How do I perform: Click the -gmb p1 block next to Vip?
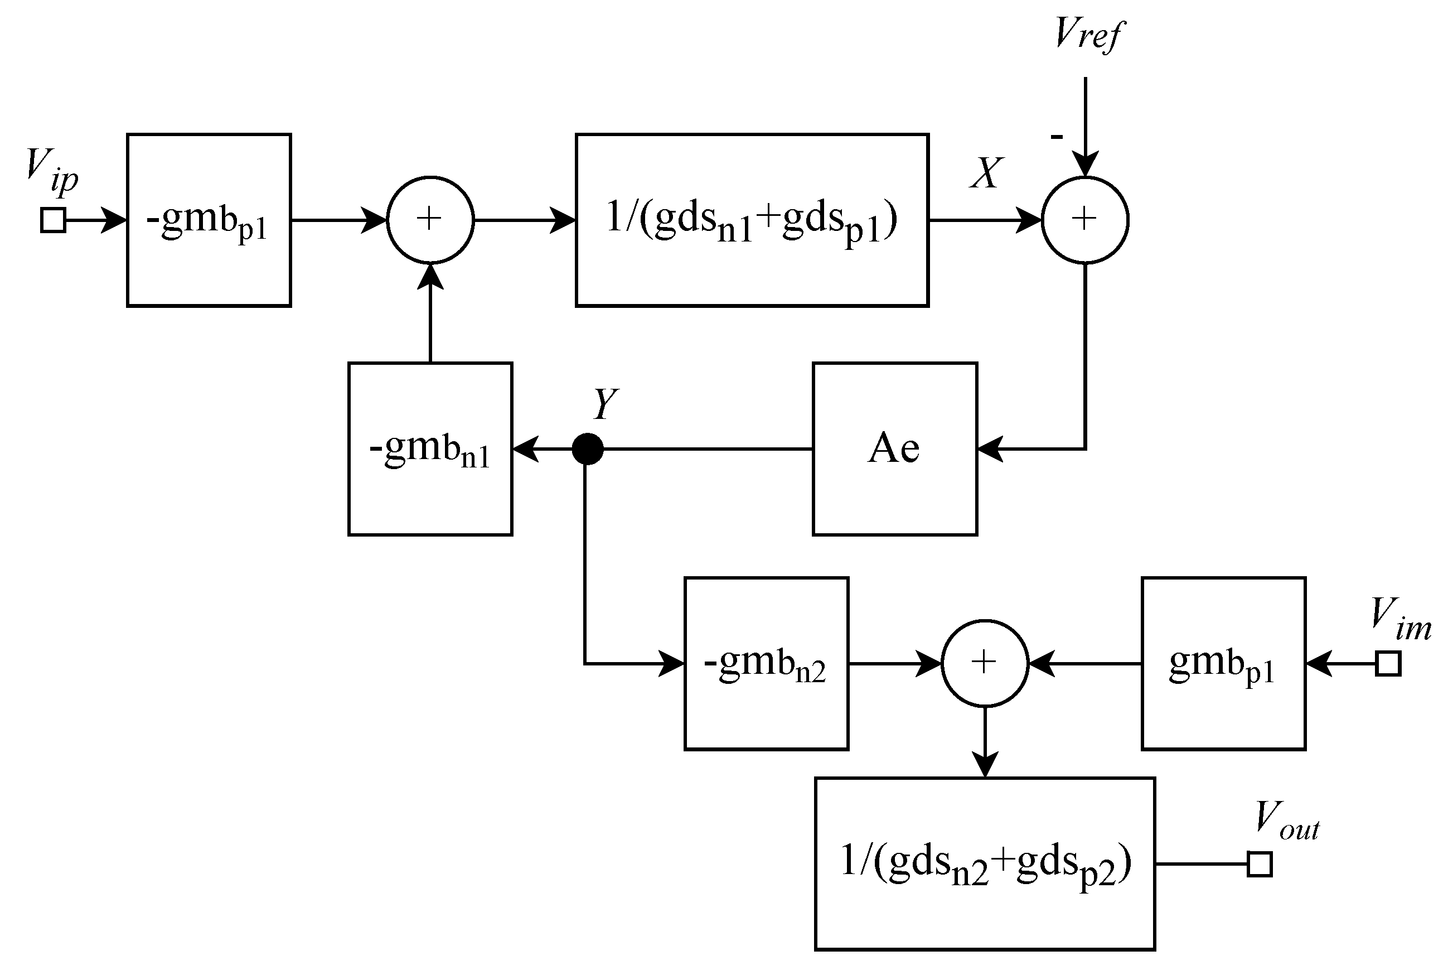click(209, 220)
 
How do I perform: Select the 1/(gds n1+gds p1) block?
click(752, 220)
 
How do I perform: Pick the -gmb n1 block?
click(430, 448)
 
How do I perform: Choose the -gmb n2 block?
click(766, 664)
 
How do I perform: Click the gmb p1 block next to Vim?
click(1223, 664)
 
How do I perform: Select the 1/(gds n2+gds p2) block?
click(984, 863)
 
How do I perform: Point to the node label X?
click(986, 173)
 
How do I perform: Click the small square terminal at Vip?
click(53, 220)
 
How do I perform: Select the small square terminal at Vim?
click(1387, 664)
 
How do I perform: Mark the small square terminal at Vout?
click(1260, 864)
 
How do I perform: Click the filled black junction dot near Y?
click(587, 448)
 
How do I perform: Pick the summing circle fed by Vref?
click(1085, 220)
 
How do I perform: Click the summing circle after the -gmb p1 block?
click(430, 220)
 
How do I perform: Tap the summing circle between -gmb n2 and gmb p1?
click(984, 663)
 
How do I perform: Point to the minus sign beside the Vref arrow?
click(1057, 137)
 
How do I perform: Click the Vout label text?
click(1287, 823)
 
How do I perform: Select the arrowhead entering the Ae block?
click(989, 448)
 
